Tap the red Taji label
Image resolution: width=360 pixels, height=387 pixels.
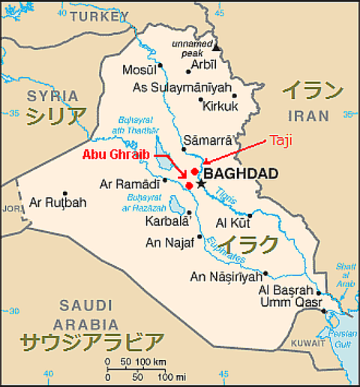[x=280, y=140]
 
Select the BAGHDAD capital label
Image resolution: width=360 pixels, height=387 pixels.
[x=241, y=174]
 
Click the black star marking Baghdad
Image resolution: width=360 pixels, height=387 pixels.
[x=200, y=182]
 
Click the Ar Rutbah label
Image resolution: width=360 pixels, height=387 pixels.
[x=58, y=202]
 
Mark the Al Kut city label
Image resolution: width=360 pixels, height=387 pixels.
[x=232, y=222]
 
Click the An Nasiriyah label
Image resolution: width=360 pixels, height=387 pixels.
[x=226, y=276]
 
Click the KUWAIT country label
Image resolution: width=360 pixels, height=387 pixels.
[x=308, y=342]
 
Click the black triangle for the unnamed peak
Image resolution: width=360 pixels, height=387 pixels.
[x=217, y=47]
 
